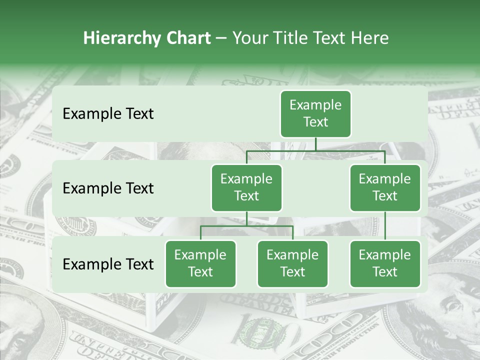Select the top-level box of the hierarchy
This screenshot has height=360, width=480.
[x=315, y=114]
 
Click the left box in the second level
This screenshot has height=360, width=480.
[x=246, y=187]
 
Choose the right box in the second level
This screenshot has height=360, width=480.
[x=385, y=187]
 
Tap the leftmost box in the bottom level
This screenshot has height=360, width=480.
[x=200, y=263]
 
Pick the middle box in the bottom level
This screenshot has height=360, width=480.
[x=292, y=263]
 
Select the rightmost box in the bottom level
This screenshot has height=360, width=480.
[x=385, y=263]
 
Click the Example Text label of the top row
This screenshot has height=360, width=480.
[x=108, y=114]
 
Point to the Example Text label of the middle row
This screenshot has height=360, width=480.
[x=108, y=188]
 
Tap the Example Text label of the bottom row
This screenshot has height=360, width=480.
[x=108, y=264]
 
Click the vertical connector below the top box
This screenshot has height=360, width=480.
[x=315, y=144]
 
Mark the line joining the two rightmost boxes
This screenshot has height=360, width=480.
[x=385, y=226]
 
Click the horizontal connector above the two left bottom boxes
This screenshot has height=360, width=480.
[x=246, y=226]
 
